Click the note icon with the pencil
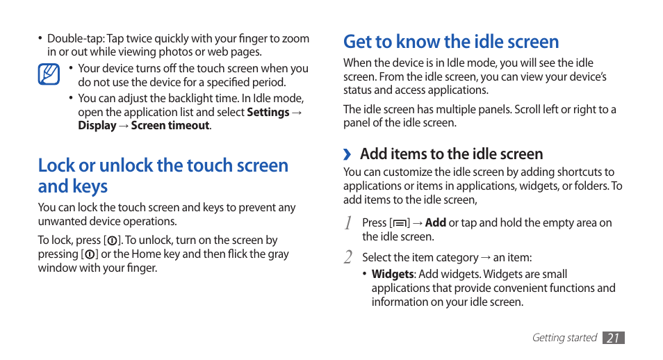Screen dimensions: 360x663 tap(49, 74)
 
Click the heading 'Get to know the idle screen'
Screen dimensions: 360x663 tap(451, 42)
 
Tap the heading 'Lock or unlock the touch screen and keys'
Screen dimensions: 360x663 tap(163, 175)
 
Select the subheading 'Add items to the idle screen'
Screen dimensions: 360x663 tap(451, 154)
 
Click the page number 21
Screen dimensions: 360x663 tap(613, 338)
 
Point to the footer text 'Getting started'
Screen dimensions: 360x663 tap(564, 338)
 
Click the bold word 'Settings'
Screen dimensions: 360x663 tap(268, 112)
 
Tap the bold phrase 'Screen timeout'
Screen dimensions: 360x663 tap(170, 126)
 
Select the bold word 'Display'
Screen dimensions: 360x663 tap(97, 126)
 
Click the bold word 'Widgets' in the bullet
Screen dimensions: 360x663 tap(393, 275)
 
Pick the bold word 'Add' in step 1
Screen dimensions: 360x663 tap(436, 223)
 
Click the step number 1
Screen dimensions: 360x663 tap(348, 223)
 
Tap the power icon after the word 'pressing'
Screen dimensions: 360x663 tap(90, 254)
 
